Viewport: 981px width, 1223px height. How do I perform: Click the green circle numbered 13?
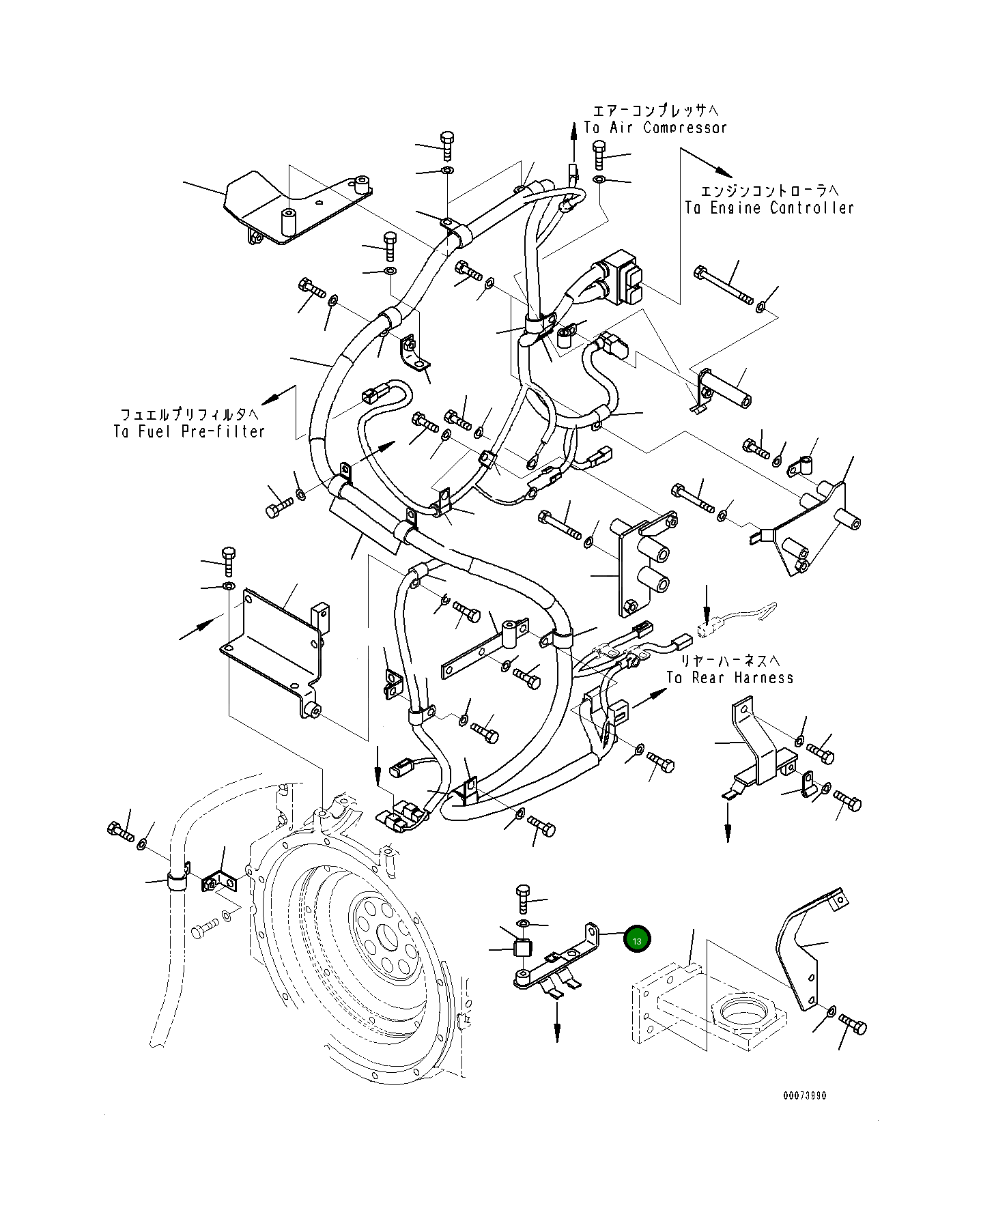point(637,940)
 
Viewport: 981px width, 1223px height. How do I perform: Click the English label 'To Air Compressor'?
point(655,128)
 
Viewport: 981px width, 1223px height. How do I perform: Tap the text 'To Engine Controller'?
point(769,208)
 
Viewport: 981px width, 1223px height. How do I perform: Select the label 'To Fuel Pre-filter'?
point(189,431)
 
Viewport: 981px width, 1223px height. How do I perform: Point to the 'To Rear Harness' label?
point(730,678)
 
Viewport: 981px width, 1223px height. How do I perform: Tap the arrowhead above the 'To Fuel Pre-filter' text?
point(270,399)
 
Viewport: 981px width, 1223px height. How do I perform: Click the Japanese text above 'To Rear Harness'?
point(730,661)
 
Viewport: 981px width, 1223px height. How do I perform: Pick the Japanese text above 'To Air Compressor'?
point(655,110)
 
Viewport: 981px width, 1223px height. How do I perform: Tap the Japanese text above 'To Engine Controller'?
point(770,190)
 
